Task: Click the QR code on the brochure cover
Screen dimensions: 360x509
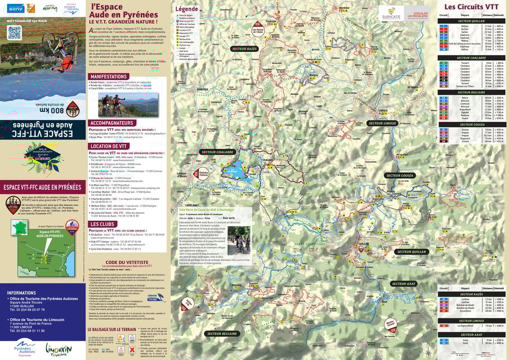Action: (x=14, y=33)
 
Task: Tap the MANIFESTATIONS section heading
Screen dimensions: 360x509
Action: (x=108, y=77)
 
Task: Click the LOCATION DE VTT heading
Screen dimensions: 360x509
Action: (x=108, y=146)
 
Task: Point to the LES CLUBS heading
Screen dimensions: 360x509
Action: (x=103, y=224)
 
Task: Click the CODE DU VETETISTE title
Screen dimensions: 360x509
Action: (x=127, y=262)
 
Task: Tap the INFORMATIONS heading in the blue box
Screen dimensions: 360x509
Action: (x=22, y=293)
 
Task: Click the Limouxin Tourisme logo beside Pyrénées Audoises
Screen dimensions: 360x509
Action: (x=58, y=350)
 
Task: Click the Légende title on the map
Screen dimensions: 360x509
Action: (x=187, y=9)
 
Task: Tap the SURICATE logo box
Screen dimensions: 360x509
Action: (x=390, y=13)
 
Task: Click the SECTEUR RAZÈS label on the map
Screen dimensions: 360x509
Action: (x=245, y=49)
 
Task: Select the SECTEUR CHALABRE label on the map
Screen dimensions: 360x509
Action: (x=218, y=152)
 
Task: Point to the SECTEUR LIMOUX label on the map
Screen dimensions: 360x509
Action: (x=382, y=123)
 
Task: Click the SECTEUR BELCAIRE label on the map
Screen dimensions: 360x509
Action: (x=222, y=334)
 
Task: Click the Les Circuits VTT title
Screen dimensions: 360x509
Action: (x=471, y=7)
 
